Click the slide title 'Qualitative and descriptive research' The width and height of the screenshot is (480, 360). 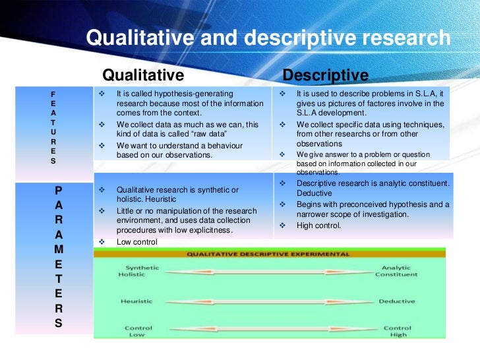(x=268, y=38)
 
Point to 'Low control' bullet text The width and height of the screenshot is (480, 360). (x=136, y=242)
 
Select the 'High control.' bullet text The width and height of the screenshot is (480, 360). (x=318, y=225)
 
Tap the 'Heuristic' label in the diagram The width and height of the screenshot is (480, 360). (x=136, y=301)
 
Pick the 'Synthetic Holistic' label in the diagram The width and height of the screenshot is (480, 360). (x=138, y=271)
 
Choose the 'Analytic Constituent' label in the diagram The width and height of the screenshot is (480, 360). (x=396, y=271)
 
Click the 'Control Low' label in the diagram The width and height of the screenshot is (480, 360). (x=138, y=331)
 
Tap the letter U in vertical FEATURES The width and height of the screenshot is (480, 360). (x=53, y=131)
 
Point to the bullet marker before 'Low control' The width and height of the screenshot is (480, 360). (x=102, y=242)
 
